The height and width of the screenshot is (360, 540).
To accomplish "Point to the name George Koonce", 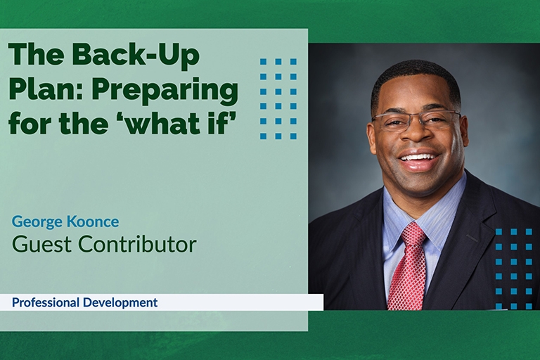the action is pos(65,222).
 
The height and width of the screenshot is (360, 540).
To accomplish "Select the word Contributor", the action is pos(137,244).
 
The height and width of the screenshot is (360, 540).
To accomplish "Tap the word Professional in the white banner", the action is pos(46,302).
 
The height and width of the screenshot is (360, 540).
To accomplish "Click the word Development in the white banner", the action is pos(120,302).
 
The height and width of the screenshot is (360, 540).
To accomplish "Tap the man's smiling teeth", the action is pos(418,158).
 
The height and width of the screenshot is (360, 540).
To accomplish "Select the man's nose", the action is pos(418,131).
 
